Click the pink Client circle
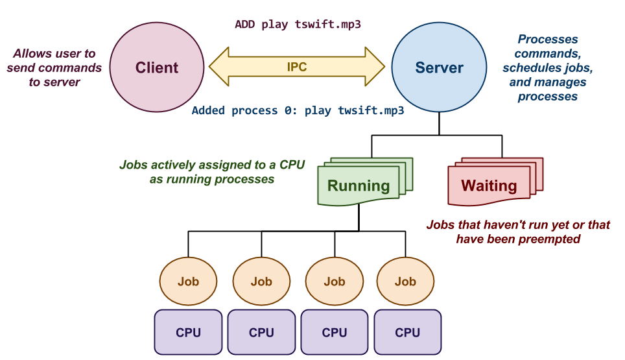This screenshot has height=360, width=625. click(156, 67)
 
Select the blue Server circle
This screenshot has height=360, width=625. click(439, 67)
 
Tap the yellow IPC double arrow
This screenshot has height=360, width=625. click(297, 67)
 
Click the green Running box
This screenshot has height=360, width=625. click(358, 186)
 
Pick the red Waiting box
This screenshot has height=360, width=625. click(488, 186)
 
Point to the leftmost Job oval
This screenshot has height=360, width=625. click(188, 282)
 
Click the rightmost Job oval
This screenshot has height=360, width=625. click(405, 282)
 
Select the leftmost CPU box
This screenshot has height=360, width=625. click(188, 332)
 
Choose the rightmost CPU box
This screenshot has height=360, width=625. click(407, 332)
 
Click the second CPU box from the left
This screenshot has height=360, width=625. click(261, 332)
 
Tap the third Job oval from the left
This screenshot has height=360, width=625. click(335, 282)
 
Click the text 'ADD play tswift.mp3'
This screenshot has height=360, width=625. click(298, 25)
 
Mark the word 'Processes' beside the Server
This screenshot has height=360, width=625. click(547, 40)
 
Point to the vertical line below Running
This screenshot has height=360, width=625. click(359, 217)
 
